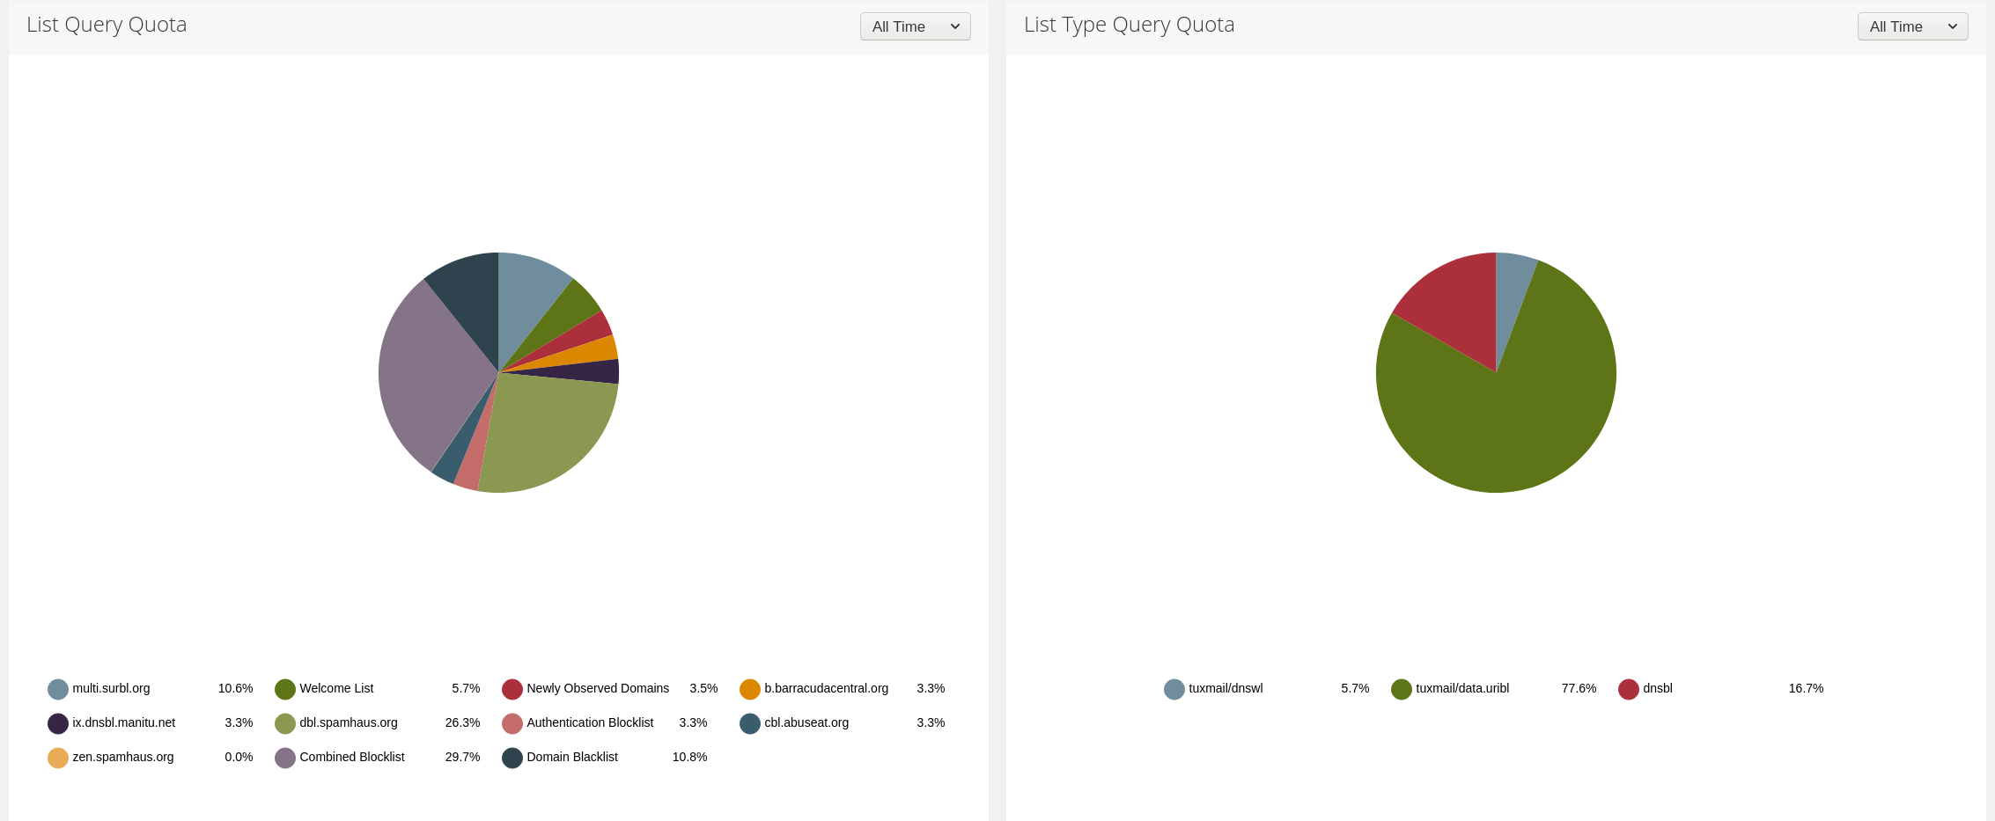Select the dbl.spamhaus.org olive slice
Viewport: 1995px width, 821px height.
546,431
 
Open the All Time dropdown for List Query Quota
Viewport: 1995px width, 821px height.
915,26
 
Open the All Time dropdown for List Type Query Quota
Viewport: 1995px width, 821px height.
1912,26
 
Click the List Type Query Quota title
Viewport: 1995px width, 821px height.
1129,25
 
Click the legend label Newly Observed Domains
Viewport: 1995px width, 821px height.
598,688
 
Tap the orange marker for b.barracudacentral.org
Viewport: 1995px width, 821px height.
750,689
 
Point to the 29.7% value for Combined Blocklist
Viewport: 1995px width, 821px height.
462,757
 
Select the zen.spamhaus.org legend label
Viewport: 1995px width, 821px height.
123,757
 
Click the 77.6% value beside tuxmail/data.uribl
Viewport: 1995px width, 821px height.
1579,688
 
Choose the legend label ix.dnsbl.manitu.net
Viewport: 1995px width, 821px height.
124,722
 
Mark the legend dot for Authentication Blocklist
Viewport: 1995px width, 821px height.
512,723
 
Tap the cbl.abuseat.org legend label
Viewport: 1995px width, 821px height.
806,722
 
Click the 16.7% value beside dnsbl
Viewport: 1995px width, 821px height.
1806,688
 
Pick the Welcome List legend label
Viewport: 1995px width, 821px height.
336,688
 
